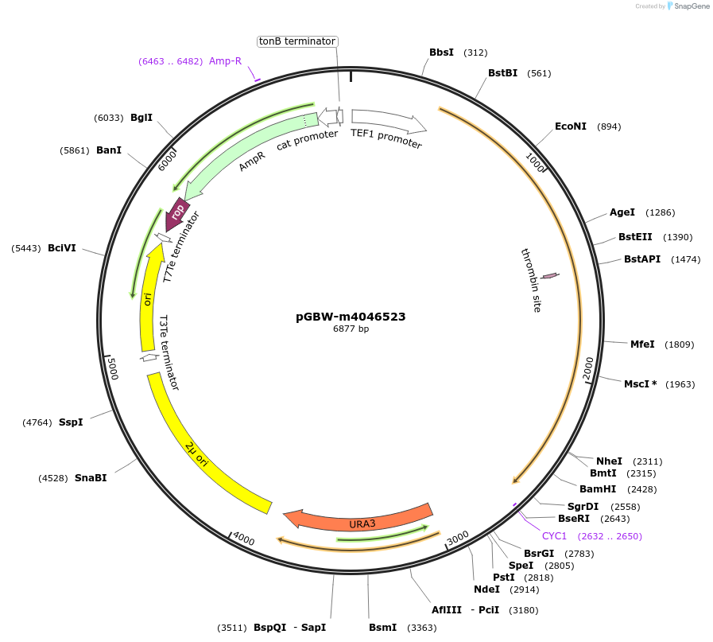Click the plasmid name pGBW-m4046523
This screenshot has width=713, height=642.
click(x=351, y=317)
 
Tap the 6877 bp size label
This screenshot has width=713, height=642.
click(x=351, y=329)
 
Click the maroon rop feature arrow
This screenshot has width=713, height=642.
click(x=176, y=213)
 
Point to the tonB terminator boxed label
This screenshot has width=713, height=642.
click(x=297, y=41)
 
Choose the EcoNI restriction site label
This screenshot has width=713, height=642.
click(x=570, y=126)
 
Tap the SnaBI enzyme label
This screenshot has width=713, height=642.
click(x=90, y=478)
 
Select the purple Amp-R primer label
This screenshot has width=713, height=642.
click(x=225, y=61)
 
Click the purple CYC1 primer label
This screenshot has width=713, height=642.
click(x=554, y=536)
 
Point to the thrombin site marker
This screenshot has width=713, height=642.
click(x=549, y=275)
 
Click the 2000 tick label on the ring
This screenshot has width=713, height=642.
click(x=588, y=368)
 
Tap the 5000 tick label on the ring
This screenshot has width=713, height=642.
click(x=113, y=369)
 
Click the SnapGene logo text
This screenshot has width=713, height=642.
click(x=688, y=6)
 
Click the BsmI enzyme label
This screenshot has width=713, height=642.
click(x=382, y=628)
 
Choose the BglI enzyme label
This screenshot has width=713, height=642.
click(x=141, y=118)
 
